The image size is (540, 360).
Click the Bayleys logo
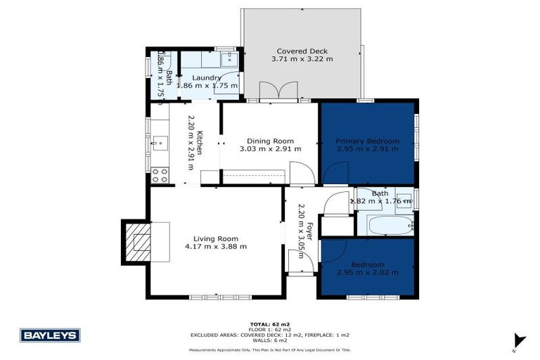(x=50, y=335)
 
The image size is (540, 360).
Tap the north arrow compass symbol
(x=519, y=341)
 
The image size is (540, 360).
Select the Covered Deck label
(x=302, y=51)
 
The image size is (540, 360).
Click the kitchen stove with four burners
(x=160, y=174)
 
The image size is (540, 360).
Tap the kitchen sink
(x=159, y=144)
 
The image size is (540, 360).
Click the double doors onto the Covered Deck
(x=270, y=92)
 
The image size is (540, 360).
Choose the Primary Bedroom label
(x=367, y=141)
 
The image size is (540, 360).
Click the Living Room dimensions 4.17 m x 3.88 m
(x=216, y=246)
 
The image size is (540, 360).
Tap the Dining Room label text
(x=270, y=141)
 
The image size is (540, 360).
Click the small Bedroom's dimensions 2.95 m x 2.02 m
(x=367, y=272)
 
